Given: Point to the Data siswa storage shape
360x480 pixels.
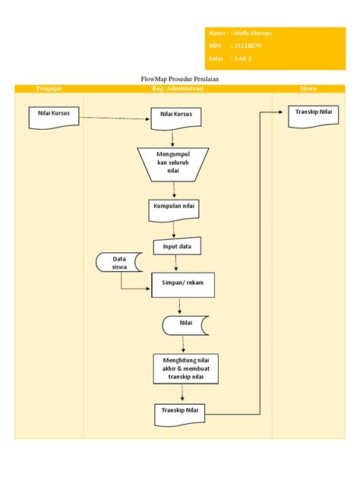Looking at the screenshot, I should [x=118, y=263].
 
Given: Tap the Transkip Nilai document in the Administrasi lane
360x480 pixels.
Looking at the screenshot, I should [x=179, y=412].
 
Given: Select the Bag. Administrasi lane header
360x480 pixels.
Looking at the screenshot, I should [x=178, y=89].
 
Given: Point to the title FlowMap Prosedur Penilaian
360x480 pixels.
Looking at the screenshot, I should [x=180, y=79].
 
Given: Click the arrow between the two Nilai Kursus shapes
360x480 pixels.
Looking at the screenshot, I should [x=114, y=118].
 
